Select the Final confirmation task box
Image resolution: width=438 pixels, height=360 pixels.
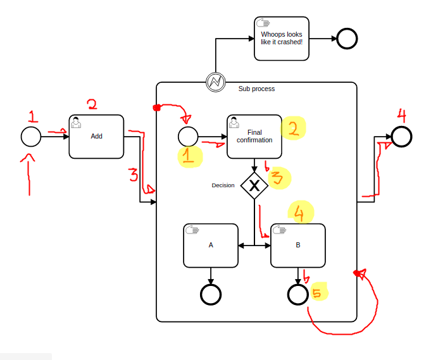[x=254, y=136]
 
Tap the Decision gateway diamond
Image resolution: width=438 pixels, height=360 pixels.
[x=254, y=185]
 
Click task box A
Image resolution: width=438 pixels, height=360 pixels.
[x=211, y=245]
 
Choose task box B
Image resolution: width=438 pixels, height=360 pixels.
[x=298, y=245]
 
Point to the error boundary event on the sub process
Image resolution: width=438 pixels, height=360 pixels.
[x=216, y=82]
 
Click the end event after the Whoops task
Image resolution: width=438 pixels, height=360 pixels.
[x=347, y=39]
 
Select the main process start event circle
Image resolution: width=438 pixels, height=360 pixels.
[x=31, y=136]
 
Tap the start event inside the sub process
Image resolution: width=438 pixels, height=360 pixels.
[x=188, y=136]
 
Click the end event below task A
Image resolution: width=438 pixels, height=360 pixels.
[x=211, y=294]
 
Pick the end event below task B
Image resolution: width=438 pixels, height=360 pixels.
[x=298, y=294]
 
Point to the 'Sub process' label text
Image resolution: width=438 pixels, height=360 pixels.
[x=256, y=89]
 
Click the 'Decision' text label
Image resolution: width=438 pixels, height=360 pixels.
[x=223, y=185]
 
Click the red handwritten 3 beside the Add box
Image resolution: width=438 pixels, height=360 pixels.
[x=133, y=175]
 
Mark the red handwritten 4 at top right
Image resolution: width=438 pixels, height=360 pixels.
[x=403, y=115]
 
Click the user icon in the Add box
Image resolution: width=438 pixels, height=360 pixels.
[x=76, y=122]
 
